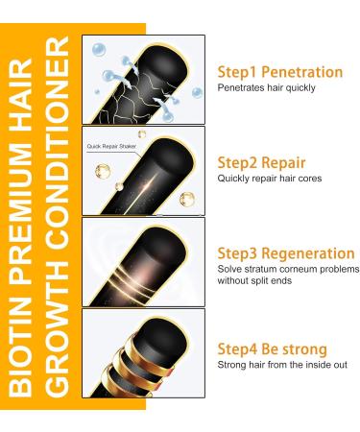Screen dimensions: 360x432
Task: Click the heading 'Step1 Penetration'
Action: [280, 72]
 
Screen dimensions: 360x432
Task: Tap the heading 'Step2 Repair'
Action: [261, 163]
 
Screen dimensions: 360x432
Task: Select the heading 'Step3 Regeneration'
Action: [286, 253]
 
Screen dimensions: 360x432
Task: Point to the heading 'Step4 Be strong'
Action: [272, 348]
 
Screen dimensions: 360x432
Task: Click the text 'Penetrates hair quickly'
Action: [266, 87]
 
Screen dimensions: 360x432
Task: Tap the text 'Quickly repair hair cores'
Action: [270, 179]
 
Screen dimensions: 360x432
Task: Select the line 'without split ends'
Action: [254, 280]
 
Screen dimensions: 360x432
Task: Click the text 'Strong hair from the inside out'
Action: [282, 365]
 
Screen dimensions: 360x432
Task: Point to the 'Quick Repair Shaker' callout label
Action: [111, 146]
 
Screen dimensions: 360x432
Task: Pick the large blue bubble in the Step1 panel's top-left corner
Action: [99, 50]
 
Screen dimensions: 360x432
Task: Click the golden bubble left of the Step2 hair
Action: [103, 171]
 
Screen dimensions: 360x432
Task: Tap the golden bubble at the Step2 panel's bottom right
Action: [187, 200]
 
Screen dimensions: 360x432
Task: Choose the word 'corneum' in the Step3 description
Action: [299, 270]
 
